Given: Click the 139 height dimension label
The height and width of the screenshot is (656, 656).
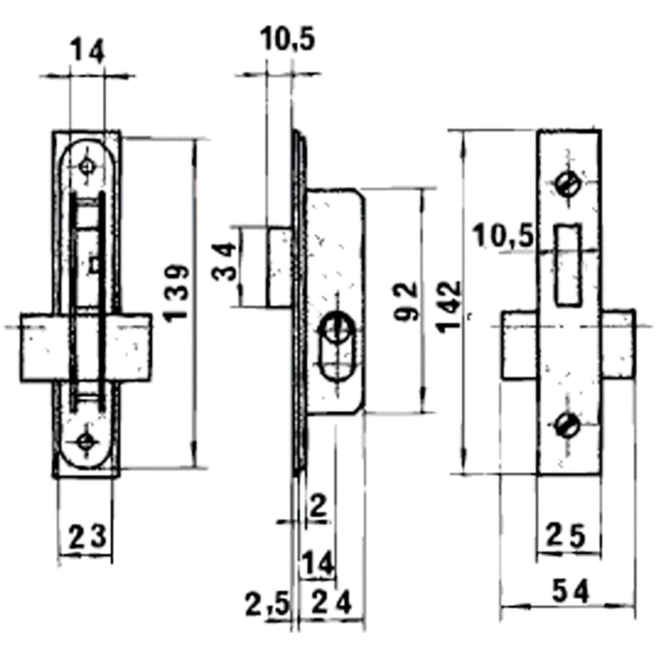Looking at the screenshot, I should (x=178, y=293).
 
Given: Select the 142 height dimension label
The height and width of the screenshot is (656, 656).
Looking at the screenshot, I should (x=450, y=306).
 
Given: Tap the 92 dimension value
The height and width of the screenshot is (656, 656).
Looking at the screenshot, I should (x=406, y=302).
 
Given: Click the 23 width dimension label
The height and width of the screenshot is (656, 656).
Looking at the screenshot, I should (x=87, y=537).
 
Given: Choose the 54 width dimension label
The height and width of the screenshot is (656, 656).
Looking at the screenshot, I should (x=570, y=591).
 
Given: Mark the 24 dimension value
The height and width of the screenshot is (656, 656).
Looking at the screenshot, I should (x=332, y=604).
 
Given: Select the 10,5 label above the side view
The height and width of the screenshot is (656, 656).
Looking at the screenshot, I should (x=287, y=39).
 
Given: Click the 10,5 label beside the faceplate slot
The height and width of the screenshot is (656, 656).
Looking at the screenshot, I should (x=504, y=237).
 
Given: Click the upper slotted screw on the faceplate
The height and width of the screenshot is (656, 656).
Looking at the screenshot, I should (x=569, y=184).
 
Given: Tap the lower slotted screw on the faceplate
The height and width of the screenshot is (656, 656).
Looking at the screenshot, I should (x=568, y=424).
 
